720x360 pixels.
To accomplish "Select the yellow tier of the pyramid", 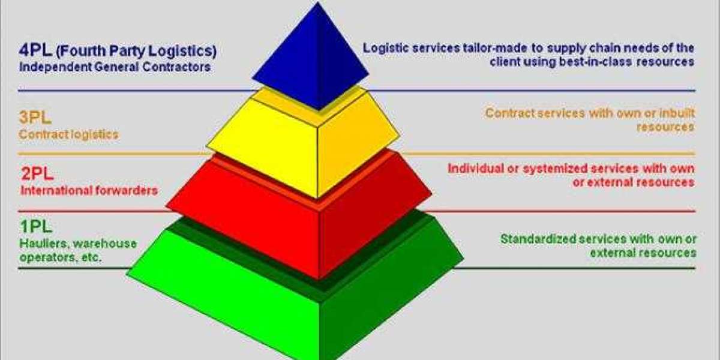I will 303,144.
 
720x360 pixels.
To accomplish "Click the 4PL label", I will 34,50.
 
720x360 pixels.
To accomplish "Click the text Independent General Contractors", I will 115,67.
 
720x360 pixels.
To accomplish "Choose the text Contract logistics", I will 68,134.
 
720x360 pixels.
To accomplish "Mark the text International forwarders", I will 89,191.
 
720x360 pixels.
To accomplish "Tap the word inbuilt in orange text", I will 674,113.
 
